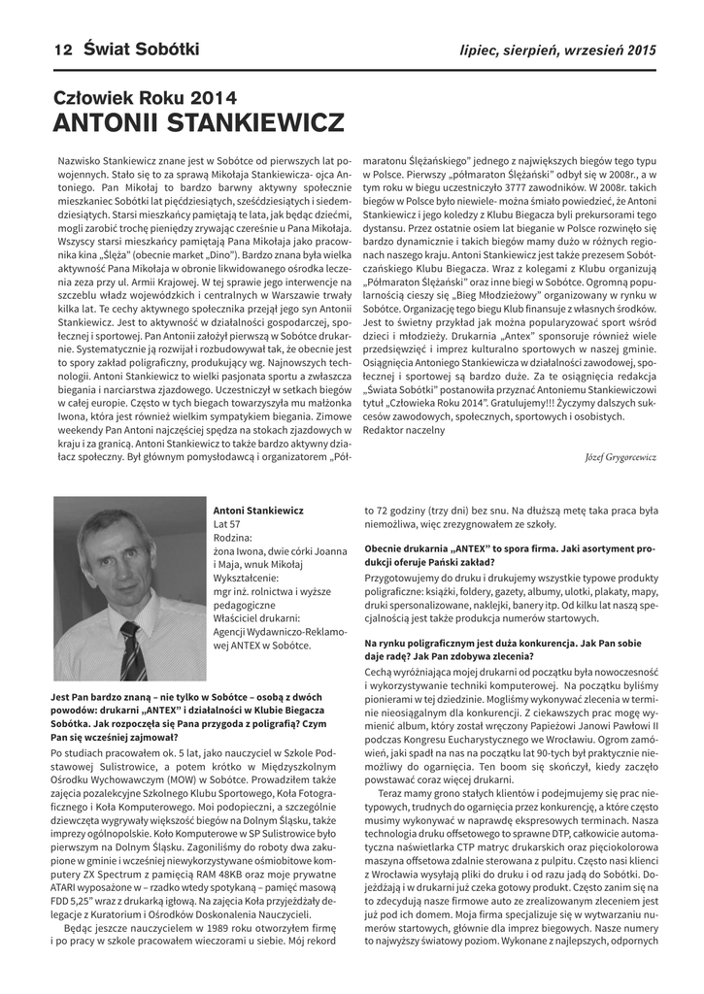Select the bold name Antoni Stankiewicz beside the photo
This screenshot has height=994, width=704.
point(257,510)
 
